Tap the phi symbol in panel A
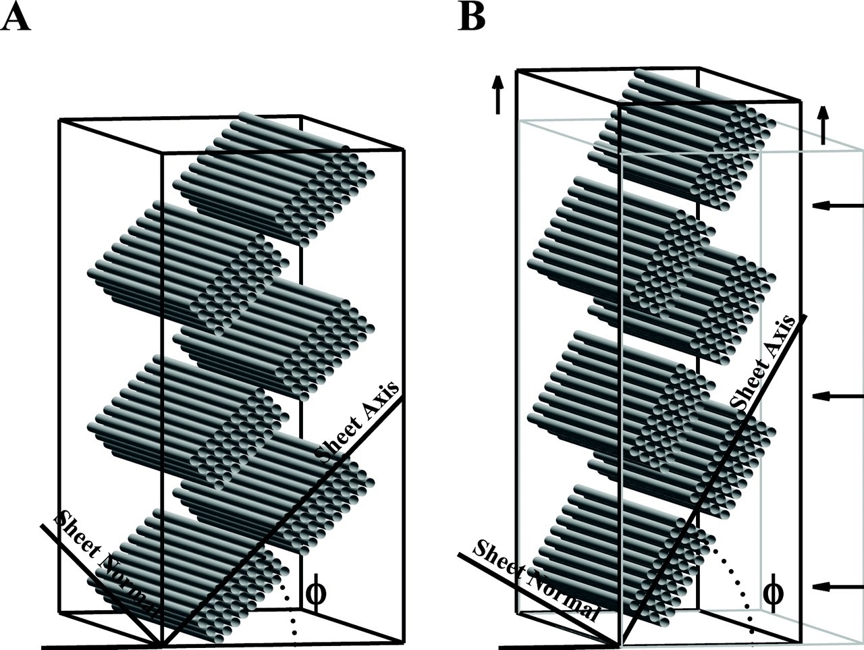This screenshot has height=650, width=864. coord(316,594)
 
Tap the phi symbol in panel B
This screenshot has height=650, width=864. coord(773,594)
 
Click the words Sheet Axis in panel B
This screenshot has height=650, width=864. coord(762,364)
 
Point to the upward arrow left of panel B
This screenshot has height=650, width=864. coord(498,95)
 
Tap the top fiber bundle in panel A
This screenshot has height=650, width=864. coord(274,179)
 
